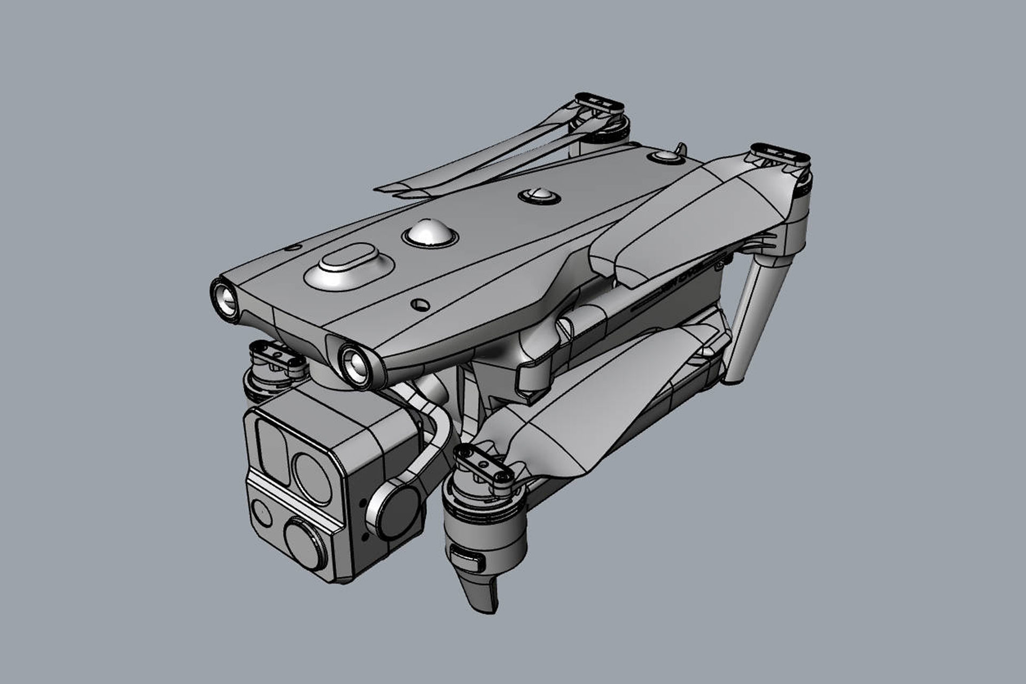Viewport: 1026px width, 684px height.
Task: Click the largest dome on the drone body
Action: [x=429, y=232]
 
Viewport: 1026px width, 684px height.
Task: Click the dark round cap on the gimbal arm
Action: [x=397, y=510]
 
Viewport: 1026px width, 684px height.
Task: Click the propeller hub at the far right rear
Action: [x=780, y=155]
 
